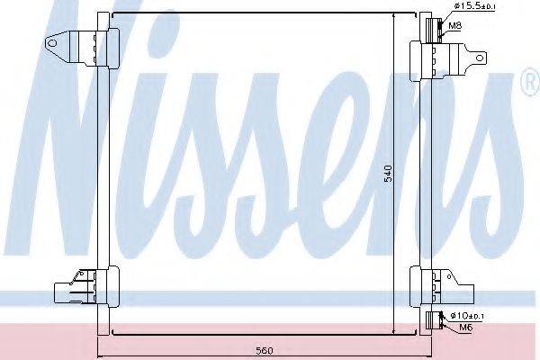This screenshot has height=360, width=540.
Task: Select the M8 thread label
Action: pos(456,26)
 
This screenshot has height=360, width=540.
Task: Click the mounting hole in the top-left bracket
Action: pos(56,41)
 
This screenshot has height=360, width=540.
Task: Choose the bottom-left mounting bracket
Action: pos(81,291)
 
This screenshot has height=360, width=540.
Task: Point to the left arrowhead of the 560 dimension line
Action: pos(96,342)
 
